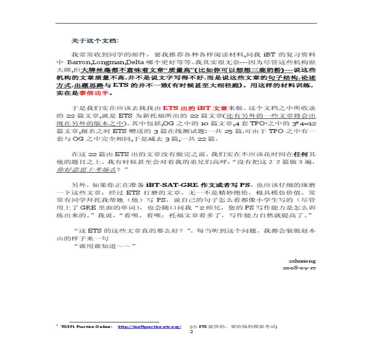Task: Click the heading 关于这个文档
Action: (x=94, y=41)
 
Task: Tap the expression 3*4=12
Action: (x=298, y=124)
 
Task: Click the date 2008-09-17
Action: (x=299, y=268)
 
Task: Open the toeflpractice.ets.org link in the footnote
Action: (x=150, y=327)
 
